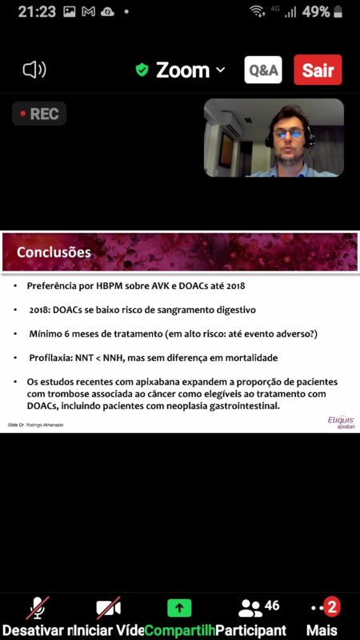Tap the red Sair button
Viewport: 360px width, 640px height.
point(318,70)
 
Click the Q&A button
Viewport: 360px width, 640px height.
point(263,70)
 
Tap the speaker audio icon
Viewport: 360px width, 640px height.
point(34,70)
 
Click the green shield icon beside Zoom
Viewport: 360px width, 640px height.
point(142,70)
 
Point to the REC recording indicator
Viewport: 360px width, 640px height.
point(39,114)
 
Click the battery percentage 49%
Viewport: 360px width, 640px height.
point(316,12)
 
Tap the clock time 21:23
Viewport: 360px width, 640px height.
point(37,12)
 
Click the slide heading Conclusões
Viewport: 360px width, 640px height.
point(54,252)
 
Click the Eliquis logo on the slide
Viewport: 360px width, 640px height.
point(342,422)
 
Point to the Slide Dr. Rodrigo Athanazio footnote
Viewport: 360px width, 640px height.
point(35,425)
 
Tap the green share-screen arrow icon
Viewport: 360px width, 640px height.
point(179,608)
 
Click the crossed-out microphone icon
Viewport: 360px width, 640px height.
point(38,608)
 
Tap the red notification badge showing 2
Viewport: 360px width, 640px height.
point(332,608)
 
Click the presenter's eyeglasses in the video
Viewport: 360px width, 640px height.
point(288,134)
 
